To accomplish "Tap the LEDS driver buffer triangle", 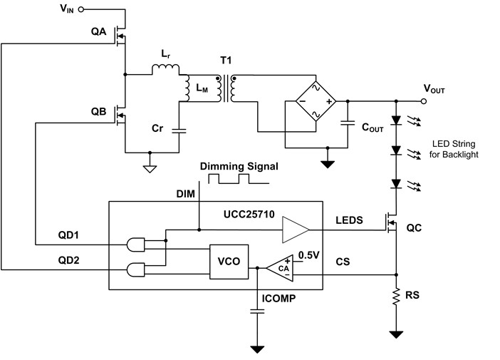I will click(x=295, y=230).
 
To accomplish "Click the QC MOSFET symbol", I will click(x=390, y=226).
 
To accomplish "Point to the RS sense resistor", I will click(x=395, y=299).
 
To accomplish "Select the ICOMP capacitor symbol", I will click(x=254, y=312).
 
